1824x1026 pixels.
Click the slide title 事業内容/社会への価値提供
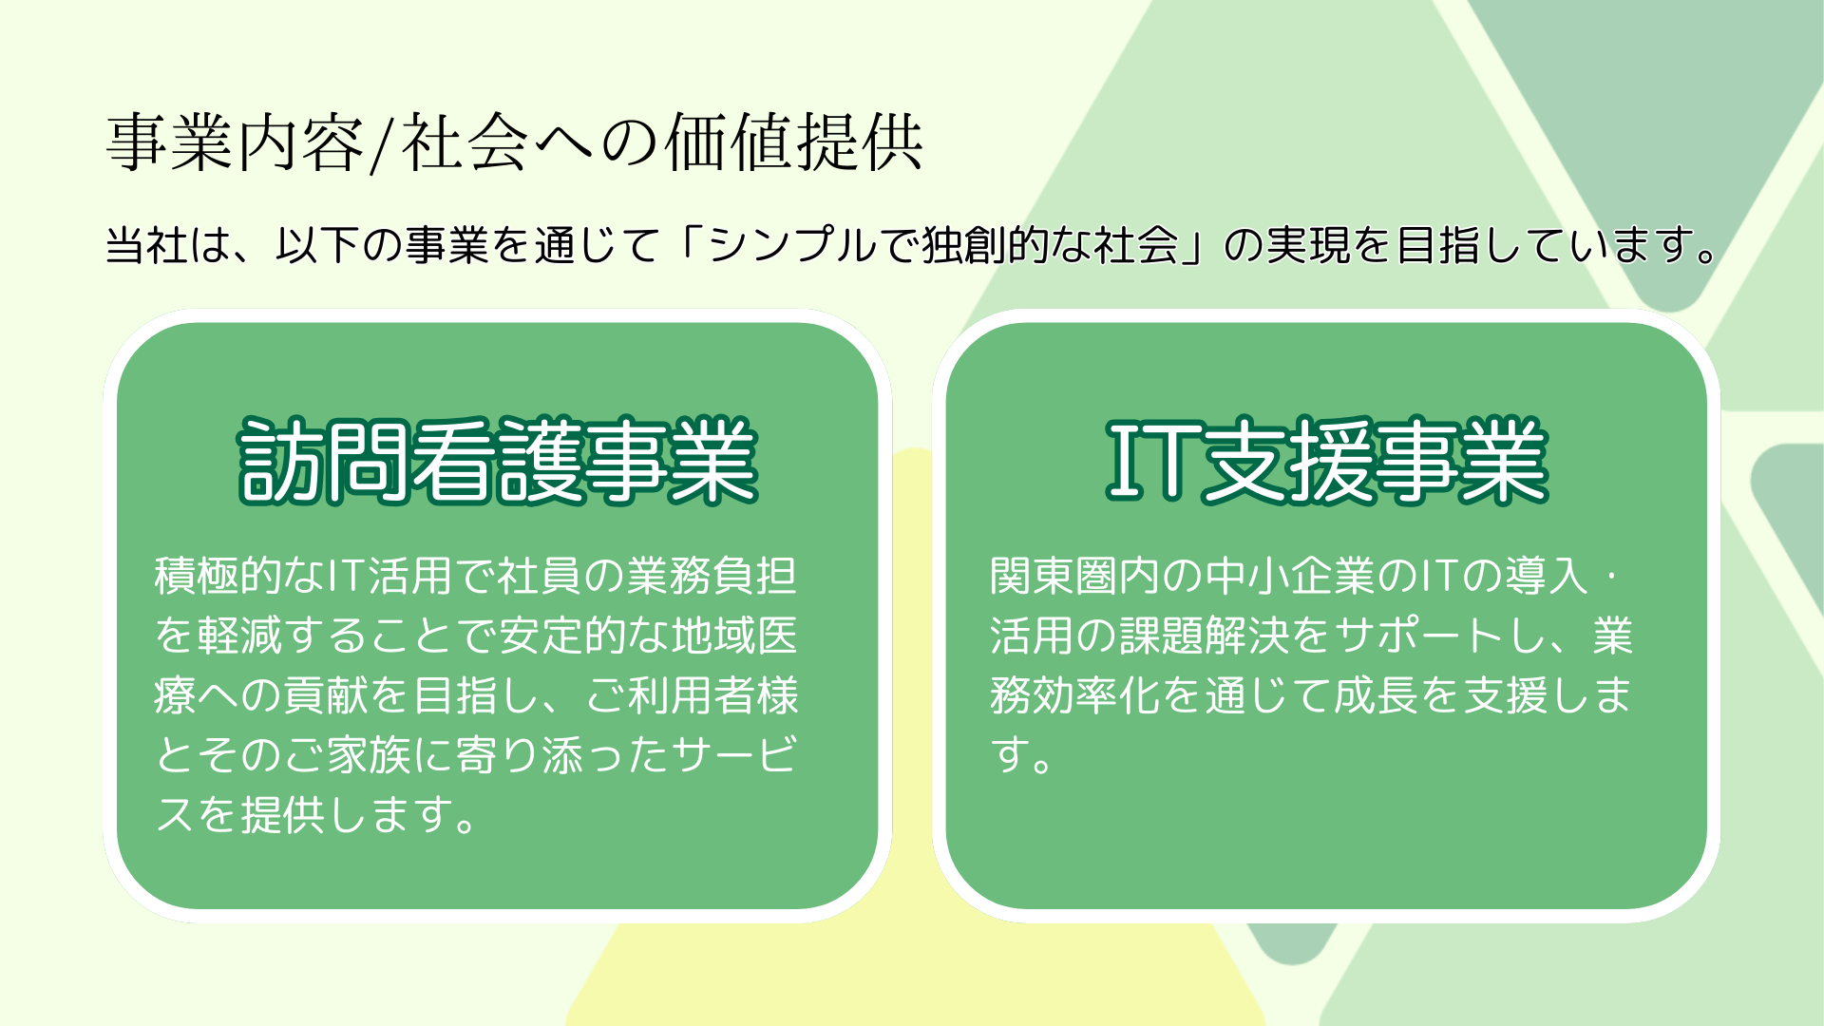click(514, 142)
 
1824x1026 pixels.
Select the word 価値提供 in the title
click(793, 142)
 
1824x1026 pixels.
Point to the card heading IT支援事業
click(1327, 461)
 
